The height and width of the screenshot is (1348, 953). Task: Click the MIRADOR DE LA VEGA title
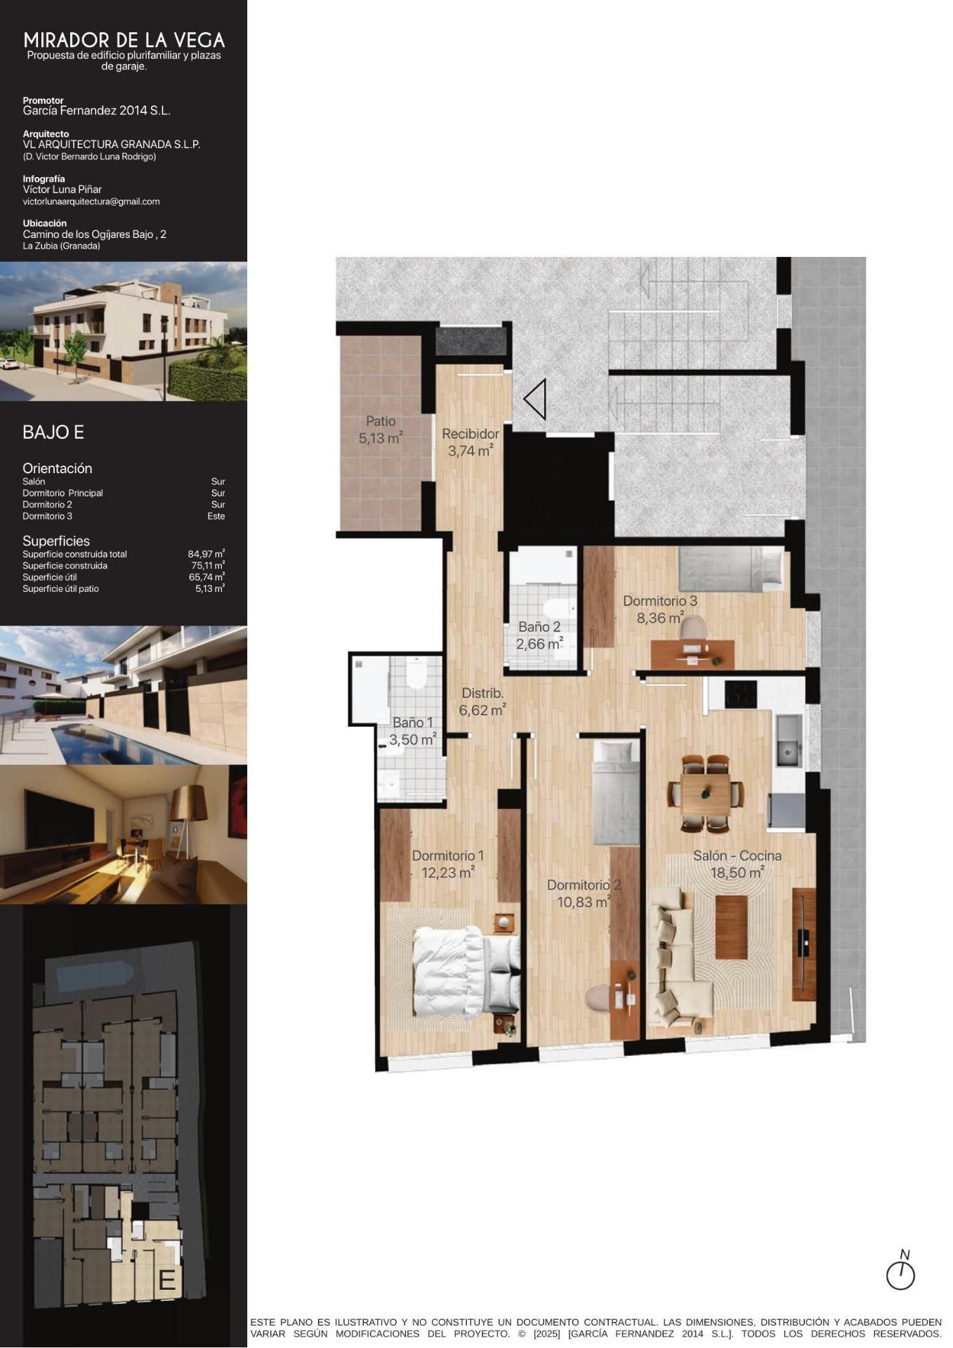tap(124, 40)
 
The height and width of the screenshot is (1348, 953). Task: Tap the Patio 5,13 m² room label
tap(380, 430)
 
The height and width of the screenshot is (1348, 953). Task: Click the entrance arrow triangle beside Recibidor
tap(536, 399)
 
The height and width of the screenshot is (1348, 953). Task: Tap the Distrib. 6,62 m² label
tap(482, 701)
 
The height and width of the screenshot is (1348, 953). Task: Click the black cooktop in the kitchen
tap(740, 694)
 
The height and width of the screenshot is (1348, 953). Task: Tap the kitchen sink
tap(789, 741)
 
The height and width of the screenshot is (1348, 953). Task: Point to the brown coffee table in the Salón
tap(731, 927)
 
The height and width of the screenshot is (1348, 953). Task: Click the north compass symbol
tap(900, 1274)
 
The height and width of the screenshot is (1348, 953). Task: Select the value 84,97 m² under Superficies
tap(206, 554)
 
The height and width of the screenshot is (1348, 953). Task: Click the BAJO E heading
tap(53, 432)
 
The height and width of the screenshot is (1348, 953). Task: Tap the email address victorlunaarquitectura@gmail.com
tap(91, 201)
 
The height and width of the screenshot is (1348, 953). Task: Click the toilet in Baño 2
tap(558, 609)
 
